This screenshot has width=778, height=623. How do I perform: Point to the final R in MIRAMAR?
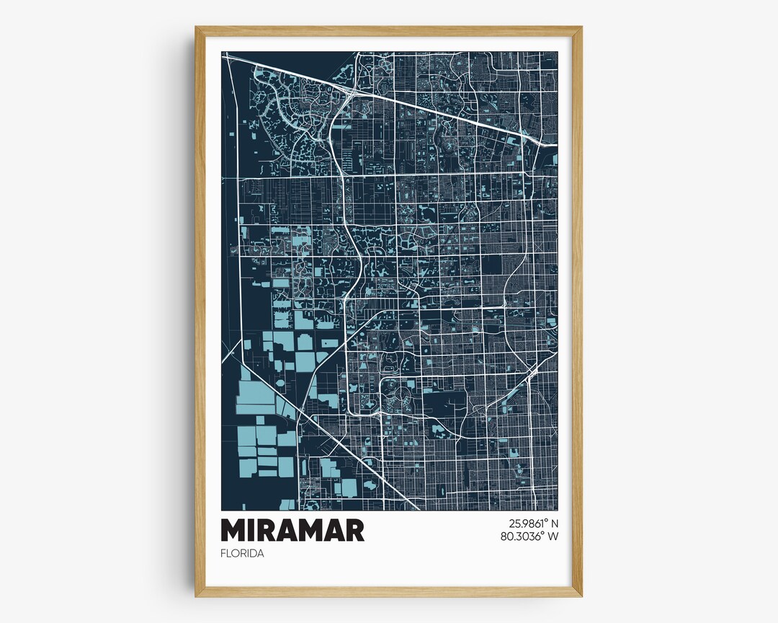(354, 530)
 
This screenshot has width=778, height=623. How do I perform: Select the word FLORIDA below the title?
(243, 554)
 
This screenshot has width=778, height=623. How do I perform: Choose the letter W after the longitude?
(553, 536)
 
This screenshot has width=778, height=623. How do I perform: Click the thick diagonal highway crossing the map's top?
(432, 108)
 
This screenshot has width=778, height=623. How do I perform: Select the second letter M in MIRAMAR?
(308, 530)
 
